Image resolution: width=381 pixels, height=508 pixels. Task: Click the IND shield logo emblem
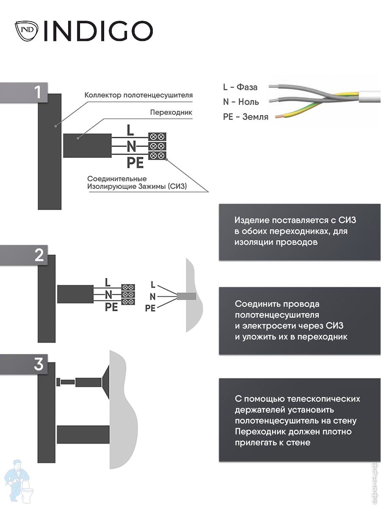26,31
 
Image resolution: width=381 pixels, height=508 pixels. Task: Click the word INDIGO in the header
98,31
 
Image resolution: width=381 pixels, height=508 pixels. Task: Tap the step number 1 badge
24,93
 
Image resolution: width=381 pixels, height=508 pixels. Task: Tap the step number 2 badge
24,255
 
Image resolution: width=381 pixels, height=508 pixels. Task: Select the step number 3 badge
24,364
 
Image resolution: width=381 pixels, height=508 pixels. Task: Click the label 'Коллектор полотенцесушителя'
138,95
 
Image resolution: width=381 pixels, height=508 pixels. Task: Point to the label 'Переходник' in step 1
171,113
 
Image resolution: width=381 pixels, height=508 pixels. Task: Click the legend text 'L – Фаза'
240,87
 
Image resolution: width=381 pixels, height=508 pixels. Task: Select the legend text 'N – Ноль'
241,102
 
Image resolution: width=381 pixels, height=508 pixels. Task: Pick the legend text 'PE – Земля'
246,117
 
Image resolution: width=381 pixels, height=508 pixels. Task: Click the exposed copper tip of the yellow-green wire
278,117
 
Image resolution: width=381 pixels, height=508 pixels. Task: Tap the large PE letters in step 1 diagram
135,163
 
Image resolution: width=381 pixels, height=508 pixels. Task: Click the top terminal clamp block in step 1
157,137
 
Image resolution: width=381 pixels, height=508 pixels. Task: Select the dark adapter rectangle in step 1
87,146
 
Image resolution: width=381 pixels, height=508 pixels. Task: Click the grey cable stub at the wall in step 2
186,296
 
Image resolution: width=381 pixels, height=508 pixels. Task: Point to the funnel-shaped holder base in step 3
105,382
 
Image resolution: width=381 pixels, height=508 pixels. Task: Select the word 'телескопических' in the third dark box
322,399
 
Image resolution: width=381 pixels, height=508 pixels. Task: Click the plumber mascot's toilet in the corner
27,492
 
